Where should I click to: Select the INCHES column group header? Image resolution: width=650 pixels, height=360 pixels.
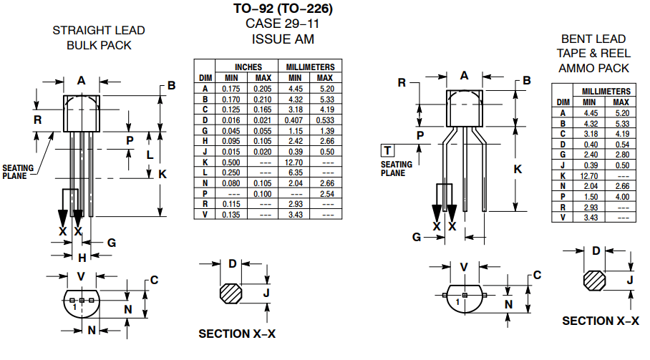coord(248,67)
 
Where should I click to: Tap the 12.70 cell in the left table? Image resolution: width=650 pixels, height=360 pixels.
coord(295,162)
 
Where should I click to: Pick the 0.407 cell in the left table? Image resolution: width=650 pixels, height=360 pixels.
coord(295,120)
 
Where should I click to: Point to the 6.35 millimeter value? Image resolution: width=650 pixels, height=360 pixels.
coord(295,172)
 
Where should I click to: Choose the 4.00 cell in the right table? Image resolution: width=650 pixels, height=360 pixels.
coord(621,196)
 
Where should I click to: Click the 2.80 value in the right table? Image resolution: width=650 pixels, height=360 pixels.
coord(621,154)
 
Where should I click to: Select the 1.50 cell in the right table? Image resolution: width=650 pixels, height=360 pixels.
coord(591,196)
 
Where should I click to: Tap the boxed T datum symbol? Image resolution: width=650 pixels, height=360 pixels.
coord(387,150)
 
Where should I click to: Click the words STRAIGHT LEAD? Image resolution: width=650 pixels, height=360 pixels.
coord(99,31)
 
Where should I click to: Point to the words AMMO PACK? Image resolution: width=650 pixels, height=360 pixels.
coord(594,68)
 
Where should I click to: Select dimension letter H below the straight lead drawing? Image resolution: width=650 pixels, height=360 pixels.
coord(82,257)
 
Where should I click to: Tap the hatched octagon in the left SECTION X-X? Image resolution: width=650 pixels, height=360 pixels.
coord(231,293)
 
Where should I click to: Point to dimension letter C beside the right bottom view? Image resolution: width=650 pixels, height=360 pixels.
coord(537,276)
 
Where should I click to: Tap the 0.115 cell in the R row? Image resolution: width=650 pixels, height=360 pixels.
coord(231,204)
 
